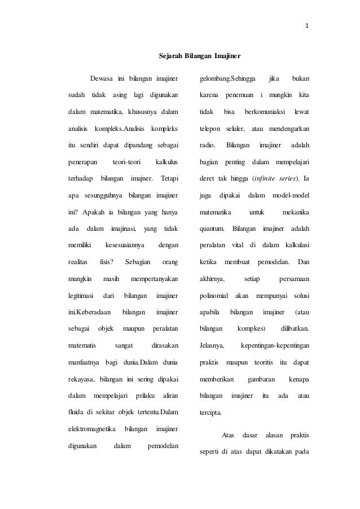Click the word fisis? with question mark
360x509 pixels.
[x=106, y=262]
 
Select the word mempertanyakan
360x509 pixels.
[x=154, y=279]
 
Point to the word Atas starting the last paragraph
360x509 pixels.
[x=228, y=435]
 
